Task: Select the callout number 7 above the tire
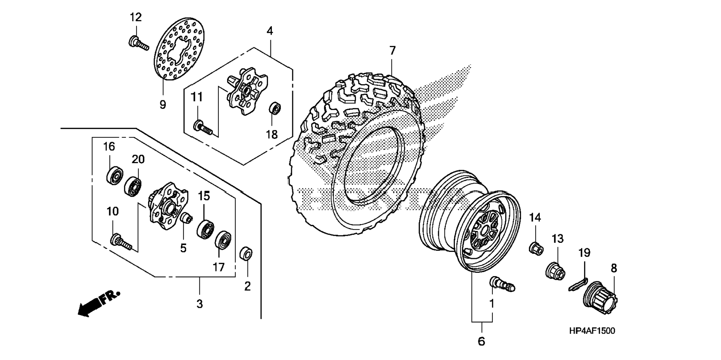point(392,50)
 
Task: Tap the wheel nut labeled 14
point(536,248)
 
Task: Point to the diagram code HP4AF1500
point(592,331)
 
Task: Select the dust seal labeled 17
point(224,240)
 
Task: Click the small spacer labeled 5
point(186,217)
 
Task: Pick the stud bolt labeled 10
point(120,241)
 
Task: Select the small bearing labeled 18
point(275,109)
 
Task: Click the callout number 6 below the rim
point(481,341)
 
